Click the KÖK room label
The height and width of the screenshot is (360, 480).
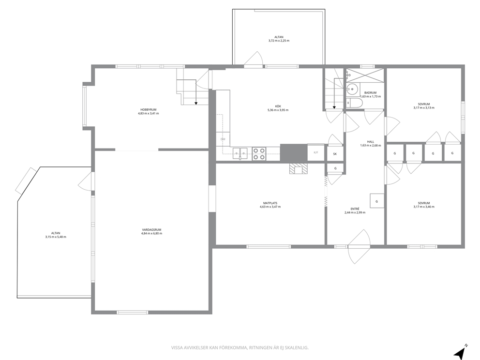(278, 106)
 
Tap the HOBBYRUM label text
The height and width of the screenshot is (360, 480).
(149, 109)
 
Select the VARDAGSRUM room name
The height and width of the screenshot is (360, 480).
(151, 229)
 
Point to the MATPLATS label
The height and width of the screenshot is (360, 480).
(270, 203)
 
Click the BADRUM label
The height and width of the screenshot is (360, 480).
(371, 93)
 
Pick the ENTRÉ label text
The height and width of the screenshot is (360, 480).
(355, 209)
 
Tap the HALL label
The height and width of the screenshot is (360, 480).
(371, 142)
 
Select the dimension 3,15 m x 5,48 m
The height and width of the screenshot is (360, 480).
(56, 237)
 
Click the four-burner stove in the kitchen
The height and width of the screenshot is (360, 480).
(259, 154)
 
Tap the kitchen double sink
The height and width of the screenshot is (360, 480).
(240, 153)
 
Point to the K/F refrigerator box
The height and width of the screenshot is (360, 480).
(315, 152)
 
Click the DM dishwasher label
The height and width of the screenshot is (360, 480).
(223, 139)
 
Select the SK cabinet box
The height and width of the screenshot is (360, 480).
(335, 154)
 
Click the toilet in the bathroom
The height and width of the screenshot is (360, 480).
(355, 103)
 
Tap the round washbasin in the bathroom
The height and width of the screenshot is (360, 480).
(353, 90)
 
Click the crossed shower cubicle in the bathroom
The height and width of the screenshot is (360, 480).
(364, 75)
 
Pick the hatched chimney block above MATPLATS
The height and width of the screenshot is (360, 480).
(299, 169)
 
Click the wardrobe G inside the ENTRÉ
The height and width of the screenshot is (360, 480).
(377, 201)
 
